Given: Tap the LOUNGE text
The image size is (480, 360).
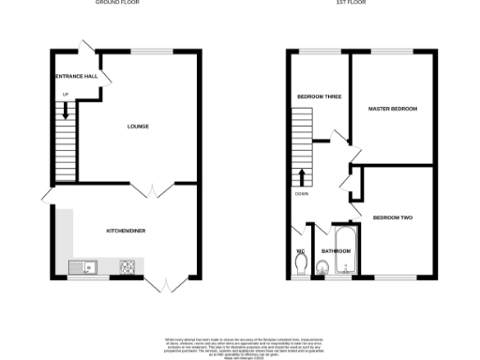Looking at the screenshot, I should coord(139,127).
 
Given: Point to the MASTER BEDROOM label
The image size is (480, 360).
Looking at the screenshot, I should coord(393,109).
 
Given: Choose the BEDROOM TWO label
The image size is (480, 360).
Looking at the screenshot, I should coord(393,217).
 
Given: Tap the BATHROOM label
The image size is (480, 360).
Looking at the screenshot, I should coord(336,251).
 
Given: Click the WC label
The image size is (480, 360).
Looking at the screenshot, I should coord(301,250).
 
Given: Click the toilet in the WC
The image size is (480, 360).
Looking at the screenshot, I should coord(300,268).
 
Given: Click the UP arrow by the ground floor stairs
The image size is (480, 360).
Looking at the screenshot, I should coord(65,110).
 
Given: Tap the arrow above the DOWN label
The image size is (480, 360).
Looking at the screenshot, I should coord(301,177).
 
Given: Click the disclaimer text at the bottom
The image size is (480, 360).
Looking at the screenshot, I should coord(239,343).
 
